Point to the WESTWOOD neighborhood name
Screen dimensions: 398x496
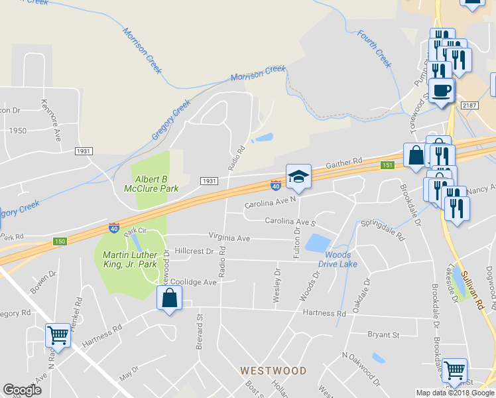273,370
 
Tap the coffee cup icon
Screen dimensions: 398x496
441,90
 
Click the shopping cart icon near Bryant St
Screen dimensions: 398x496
454,370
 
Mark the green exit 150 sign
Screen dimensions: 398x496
60,241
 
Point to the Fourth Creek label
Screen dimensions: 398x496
375,48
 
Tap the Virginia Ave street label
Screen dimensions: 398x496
229,237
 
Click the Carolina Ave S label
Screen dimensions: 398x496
290,221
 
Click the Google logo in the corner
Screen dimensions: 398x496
22,390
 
